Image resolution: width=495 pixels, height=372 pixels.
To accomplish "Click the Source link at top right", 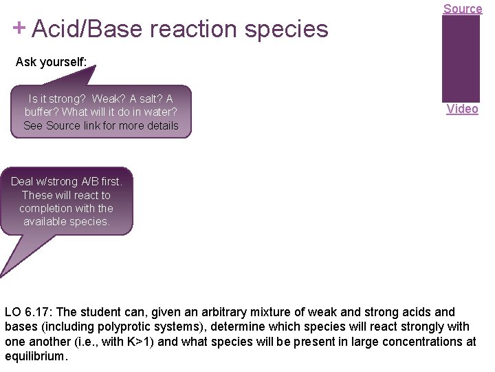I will [x=462, y=8].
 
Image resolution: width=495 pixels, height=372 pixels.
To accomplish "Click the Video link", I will [x=462, y=109].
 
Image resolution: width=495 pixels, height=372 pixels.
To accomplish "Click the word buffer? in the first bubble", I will [x=42, y=112].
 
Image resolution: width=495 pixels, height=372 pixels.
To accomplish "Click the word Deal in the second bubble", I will [x=22, y=182].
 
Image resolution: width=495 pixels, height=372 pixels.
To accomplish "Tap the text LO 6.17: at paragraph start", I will [x=28, y=312].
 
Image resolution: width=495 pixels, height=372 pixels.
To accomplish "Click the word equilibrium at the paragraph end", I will [x=35, y=357].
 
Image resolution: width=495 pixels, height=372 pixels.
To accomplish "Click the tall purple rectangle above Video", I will [x=461, y=58].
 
